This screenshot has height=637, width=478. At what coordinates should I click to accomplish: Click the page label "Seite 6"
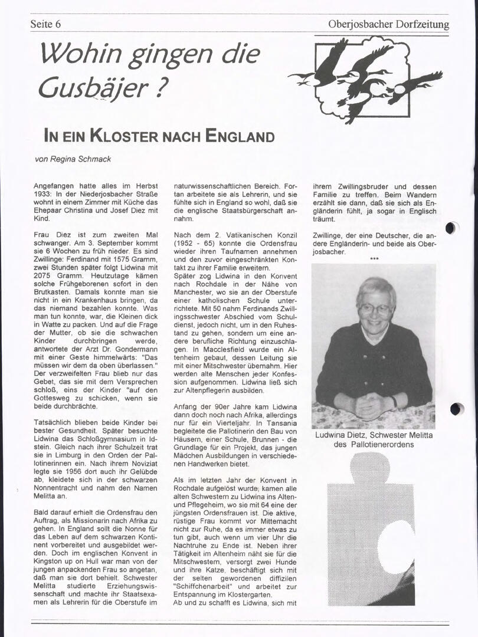tap(45, 24)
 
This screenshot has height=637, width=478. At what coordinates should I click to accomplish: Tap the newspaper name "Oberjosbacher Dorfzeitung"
tap(388, 24)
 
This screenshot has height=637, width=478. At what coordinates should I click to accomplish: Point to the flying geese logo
tap(366, 77)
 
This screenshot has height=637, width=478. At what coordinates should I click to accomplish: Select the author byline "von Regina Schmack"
tap(73, 159)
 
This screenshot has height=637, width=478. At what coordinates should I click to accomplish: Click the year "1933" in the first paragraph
tap(42, 194)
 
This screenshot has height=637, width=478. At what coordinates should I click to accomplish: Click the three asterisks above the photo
tap(374, 258)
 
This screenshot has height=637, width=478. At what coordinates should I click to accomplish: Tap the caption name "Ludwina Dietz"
tap(342, 435)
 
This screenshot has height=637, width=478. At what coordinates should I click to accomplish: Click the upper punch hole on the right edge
tap(452, 228)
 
